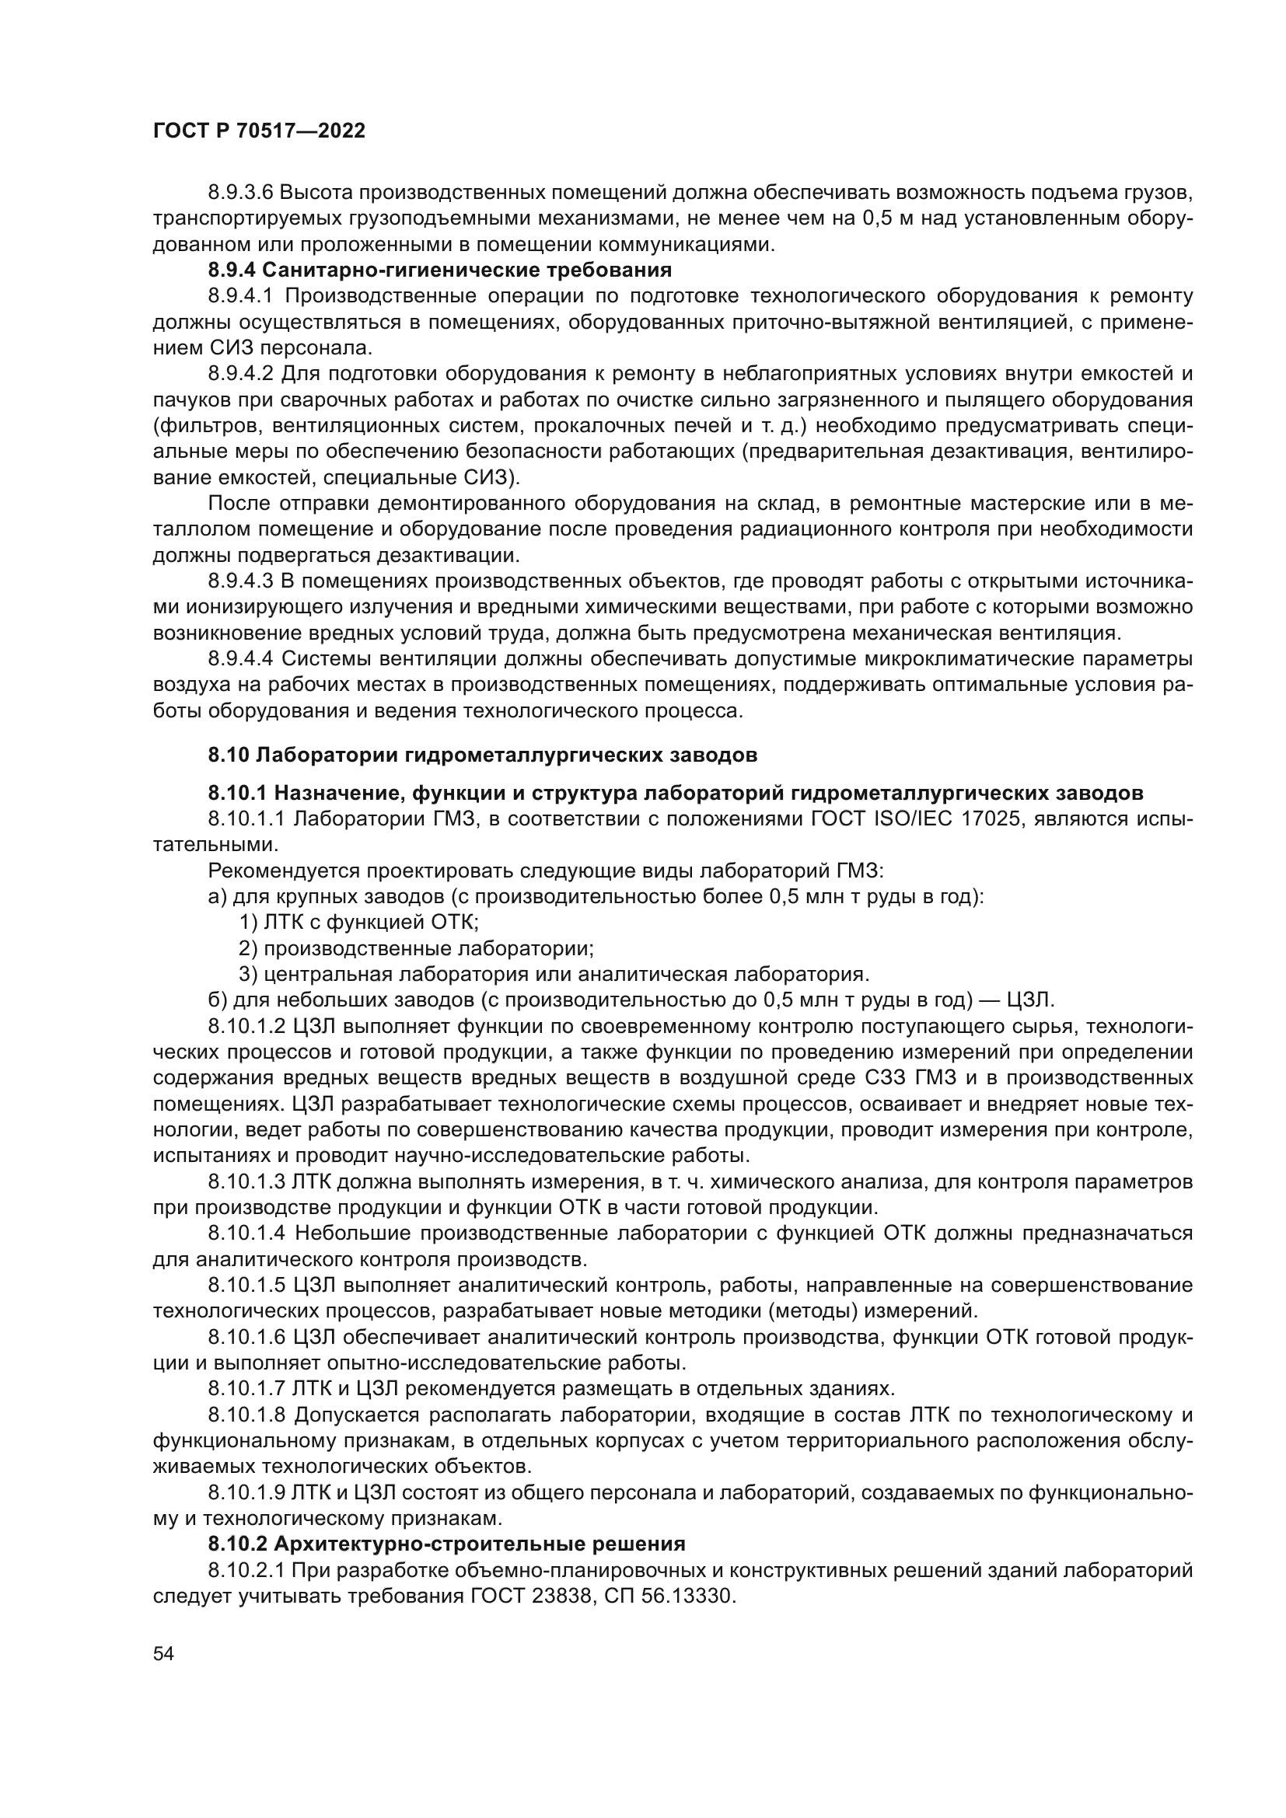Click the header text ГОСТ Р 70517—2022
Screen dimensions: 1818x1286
click(259, 131)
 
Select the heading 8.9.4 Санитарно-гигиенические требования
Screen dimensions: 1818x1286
click(439, 270)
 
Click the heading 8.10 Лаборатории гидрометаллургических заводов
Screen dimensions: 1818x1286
click(482, 755)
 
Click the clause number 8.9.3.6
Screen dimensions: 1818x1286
click(241, 193)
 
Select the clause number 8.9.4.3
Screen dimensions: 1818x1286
click(241, 581)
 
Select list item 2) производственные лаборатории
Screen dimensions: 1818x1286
click(417, 948)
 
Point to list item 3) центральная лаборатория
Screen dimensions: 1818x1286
click(554, 974)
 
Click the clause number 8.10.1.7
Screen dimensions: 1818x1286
click(246, 1388)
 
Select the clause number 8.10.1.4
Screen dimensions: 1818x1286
click(246, 1233)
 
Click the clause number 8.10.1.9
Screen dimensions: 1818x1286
click(246, 1492)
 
